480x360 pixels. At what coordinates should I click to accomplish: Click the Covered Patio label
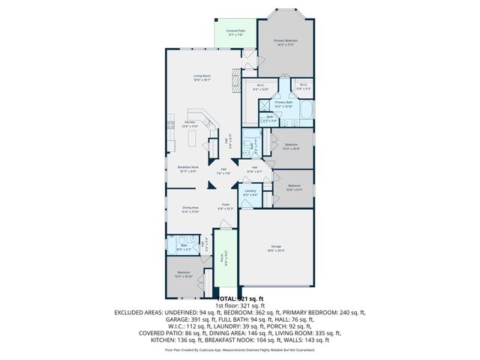pos(235,32)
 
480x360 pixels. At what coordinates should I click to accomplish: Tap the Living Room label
pos(202,76)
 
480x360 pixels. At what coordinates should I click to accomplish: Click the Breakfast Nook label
pos(188,169)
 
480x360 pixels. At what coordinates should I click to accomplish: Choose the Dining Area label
pos(190,210)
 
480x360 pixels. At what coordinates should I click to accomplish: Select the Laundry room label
pos(250,192)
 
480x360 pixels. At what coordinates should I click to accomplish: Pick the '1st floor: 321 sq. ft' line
pos(240,305)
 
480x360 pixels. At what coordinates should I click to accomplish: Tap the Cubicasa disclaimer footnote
pos(240,349)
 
